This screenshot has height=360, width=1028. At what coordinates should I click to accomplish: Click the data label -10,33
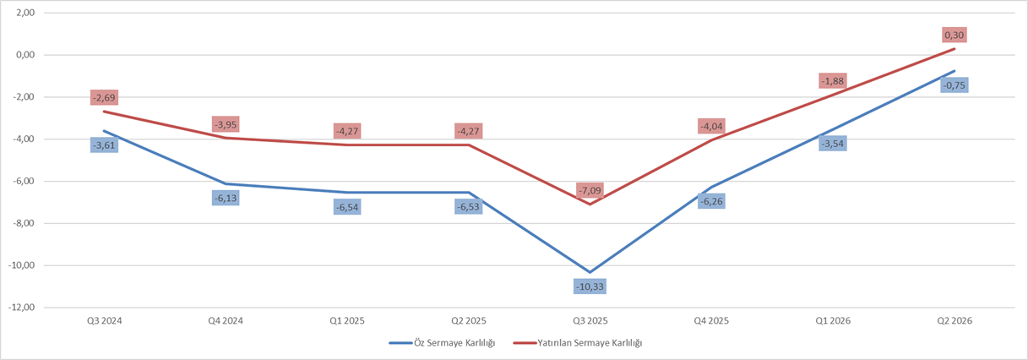[590, 286]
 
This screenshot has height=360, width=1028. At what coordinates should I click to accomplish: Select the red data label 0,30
[954, 35]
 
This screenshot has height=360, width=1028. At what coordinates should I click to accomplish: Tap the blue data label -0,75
[954, 85]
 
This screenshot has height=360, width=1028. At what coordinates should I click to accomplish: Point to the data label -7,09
[590, 190]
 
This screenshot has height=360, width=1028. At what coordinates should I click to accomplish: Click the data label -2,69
[105, 98]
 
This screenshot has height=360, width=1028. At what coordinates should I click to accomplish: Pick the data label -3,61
[105, 145]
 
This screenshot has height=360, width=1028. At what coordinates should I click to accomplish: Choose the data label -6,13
[226, 198]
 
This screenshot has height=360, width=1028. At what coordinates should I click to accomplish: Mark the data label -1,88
[832, 81]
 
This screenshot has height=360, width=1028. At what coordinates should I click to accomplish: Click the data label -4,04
[711, 127]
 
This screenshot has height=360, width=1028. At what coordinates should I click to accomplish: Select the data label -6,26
[711, 201]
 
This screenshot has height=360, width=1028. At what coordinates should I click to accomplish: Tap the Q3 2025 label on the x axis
[590, 321]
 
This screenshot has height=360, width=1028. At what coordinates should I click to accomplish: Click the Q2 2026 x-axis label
[954, 321]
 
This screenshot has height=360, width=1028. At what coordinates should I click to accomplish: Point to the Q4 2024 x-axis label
[226, 321]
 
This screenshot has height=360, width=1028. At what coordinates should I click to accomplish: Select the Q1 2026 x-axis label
[832, 321]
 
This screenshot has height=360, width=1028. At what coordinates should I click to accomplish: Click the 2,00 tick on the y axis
[24, 14]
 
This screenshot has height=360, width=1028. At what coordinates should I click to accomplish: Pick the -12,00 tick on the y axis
[22, 308]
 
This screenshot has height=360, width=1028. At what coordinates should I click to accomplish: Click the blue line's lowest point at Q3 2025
[590, 272]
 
